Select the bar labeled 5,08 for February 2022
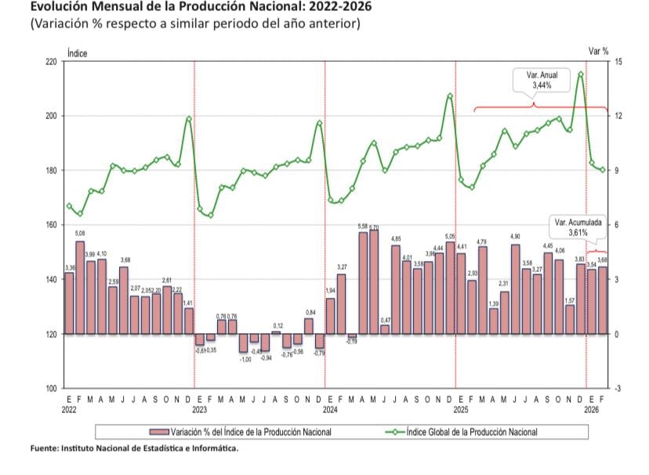click(80, 287)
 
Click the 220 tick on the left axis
click(51, 61)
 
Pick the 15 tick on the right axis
click(618, 61)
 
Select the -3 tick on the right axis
click(618, 389)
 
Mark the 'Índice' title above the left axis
click(78, 53)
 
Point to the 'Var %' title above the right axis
click(599, 51)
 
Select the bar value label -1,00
click(245, 359)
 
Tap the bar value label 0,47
click(385, 320)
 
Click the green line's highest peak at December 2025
click(580, 74)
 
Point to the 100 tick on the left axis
click(51, 389)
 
